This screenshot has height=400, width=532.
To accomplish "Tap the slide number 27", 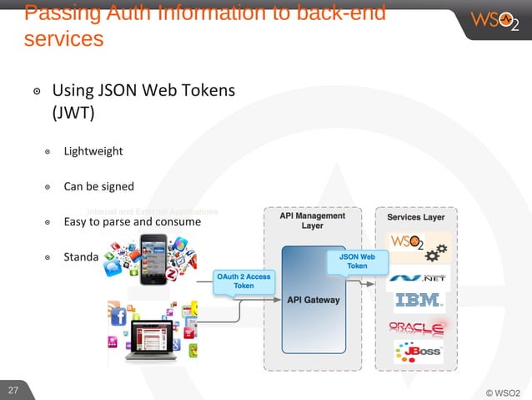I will [13, 390].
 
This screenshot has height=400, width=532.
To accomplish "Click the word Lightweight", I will [93, 151].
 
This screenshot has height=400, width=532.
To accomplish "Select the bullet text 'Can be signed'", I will [98, 186].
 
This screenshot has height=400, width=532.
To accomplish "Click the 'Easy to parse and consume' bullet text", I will [132, 222].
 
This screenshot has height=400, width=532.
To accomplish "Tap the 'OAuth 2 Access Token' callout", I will [243, 281].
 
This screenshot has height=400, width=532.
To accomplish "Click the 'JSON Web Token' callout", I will [357, 261].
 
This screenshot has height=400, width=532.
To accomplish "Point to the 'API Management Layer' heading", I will [313, 220].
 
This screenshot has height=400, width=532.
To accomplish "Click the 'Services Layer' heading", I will [416, 217].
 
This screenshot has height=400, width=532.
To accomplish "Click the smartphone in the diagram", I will [157, 258].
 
